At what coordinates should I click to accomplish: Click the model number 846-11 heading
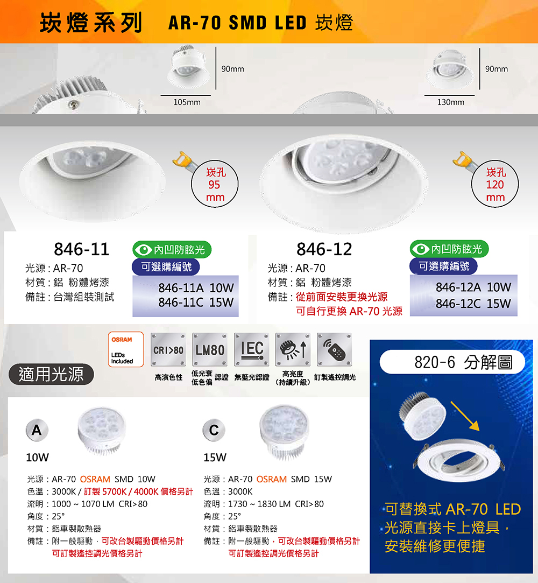coord(81,249)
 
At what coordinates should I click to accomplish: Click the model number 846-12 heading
coord(324,249)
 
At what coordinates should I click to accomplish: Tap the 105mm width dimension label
coord(187,102)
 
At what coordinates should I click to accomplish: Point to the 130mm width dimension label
coord(451,102)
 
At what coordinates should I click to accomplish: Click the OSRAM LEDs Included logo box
coord(125,349)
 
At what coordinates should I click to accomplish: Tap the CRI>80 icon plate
coord(168,349)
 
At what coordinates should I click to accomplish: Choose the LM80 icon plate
coord(210,349)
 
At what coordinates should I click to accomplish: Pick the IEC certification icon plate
coord(252,349)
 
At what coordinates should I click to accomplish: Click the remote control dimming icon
coord(335,349)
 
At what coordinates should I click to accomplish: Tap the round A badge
coord(37,430)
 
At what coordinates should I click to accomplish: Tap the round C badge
coord(214,430)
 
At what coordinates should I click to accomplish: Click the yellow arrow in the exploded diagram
coord(465,416)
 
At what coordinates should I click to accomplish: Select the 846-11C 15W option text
coord(196,303)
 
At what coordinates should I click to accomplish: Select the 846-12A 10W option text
coord(473,287)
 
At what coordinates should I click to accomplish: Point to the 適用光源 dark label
coord(51,374)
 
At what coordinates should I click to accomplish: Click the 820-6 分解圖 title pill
coord(452,362)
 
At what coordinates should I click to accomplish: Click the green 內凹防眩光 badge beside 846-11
coord(172,249)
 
